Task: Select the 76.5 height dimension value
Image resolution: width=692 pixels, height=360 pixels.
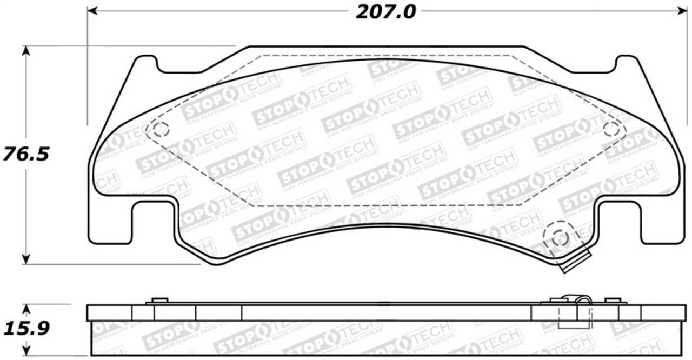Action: (x=25, y=154)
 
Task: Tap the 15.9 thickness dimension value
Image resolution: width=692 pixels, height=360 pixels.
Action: (x=25, y=328)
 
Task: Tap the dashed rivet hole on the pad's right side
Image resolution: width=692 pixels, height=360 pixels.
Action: (x=611, y=129)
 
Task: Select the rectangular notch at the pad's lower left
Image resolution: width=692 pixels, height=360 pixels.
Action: (x=154, y=222)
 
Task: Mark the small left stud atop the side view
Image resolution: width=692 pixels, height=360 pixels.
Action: (x=160, y=300)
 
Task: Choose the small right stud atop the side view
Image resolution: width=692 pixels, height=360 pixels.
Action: (x=612, y=300)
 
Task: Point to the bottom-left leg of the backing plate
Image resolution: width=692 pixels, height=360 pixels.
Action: (x=111, y=227)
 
